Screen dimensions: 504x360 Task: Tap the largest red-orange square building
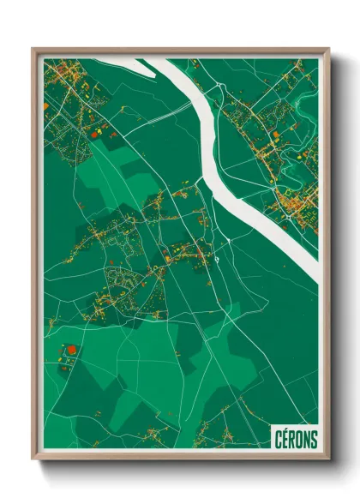point(71,349)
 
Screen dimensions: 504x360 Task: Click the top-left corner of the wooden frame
point(33,50)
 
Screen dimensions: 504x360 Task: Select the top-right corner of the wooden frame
point(328,50)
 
